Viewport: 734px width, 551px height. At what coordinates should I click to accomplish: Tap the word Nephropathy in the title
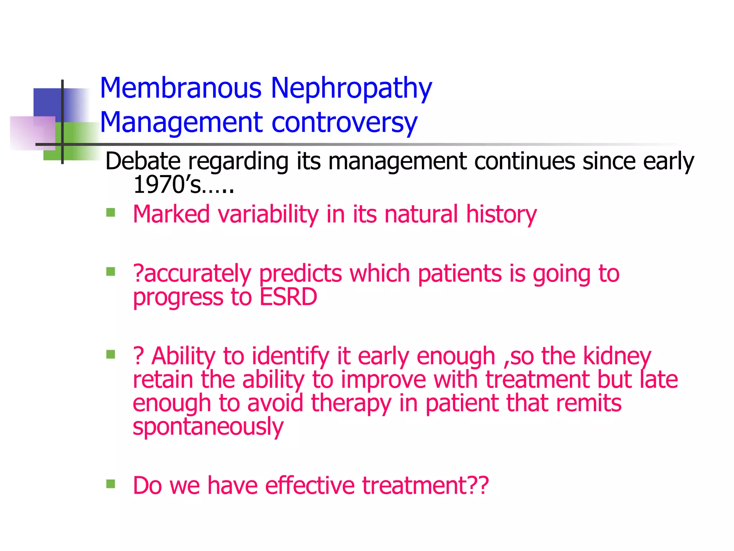351,89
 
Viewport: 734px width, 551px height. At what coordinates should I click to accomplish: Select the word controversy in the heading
344,122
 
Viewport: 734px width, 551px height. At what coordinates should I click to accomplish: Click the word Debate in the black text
143,161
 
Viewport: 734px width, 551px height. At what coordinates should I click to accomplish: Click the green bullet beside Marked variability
111,213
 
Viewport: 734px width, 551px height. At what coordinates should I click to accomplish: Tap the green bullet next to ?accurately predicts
111,272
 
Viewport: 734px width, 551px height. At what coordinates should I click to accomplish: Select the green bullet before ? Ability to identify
111,354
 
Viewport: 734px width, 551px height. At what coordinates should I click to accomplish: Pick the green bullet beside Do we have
111,484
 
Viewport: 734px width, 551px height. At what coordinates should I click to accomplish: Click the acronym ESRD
288,297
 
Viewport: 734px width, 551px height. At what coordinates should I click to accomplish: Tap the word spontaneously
208,427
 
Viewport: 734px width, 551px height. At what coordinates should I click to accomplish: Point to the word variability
268,215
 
